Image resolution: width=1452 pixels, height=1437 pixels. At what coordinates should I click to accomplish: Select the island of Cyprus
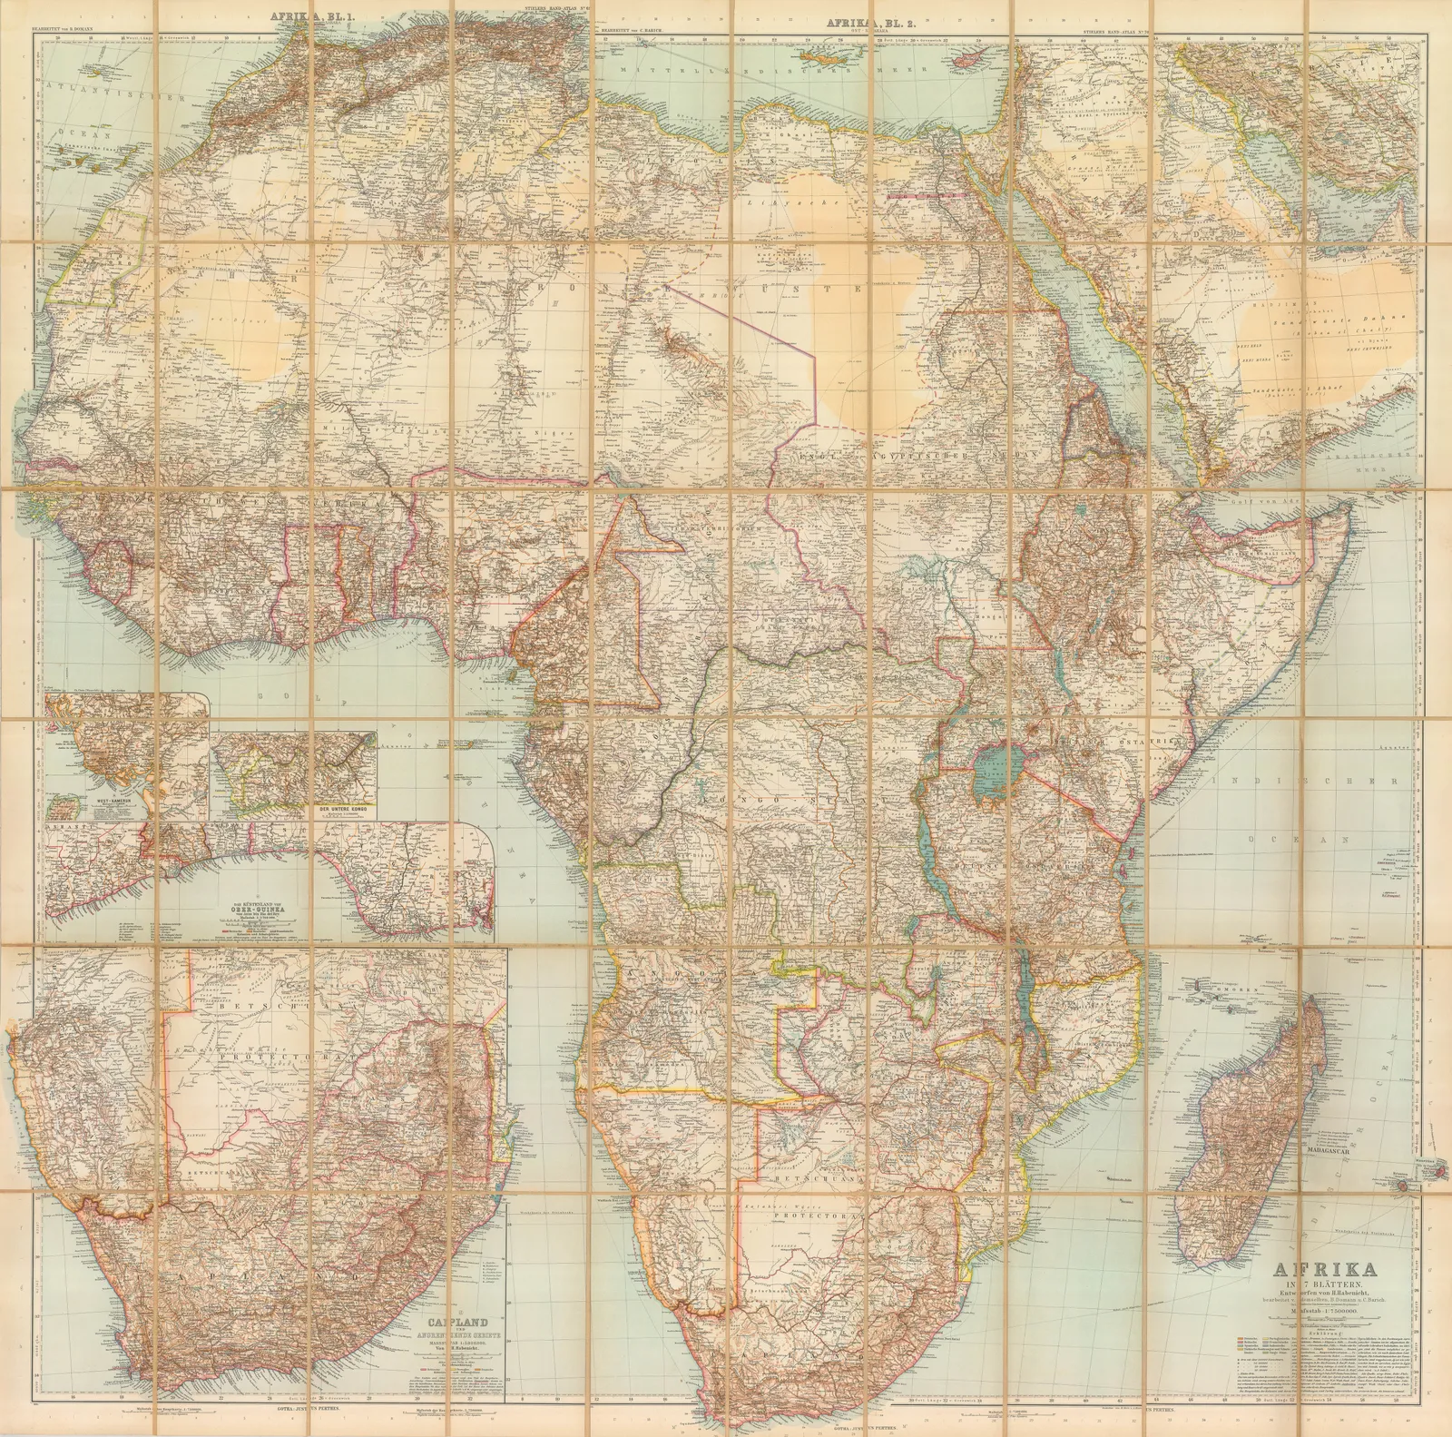point(975,54)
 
